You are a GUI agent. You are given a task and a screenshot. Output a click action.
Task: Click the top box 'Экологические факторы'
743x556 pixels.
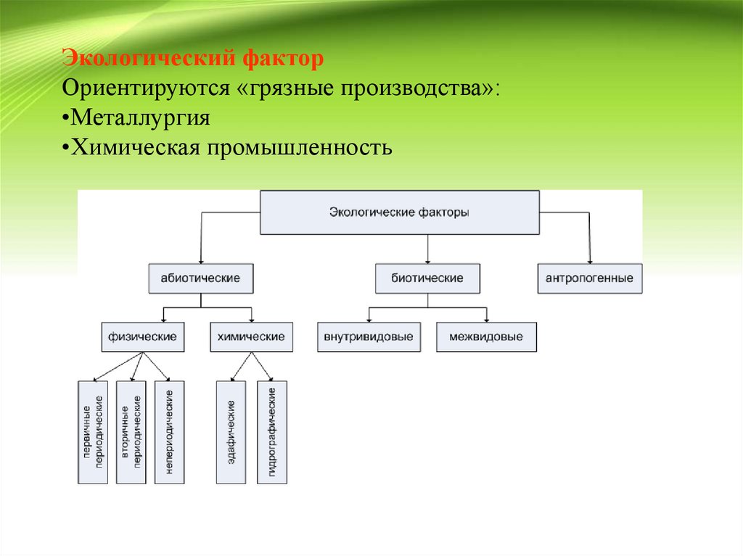(x=399, y=212)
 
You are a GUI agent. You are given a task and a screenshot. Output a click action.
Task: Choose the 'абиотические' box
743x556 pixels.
(x=200, y=278)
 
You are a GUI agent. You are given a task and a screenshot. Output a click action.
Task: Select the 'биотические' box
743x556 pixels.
(x=427, y=278)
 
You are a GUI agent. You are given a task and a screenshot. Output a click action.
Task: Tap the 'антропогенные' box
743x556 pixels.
(x=589, y=278)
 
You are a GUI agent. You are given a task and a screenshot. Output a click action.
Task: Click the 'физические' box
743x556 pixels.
(x=142, y=337)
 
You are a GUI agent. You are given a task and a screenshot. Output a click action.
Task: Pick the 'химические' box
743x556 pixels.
(x=251, y=337)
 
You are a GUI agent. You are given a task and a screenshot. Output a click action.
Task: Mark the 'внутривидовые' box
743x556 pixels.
(x=369, y=337)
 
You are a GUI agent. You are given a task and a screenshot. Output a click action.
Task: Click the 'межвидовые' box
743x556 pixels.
(x=486, y=337)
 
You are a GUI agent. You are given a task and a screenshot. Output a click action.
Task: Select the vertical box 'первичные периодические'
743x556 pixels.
(x=93, y=432)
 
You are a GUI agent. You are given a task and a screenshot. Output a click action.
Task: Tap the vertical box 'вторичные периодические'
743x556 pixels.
(x=131, y=432)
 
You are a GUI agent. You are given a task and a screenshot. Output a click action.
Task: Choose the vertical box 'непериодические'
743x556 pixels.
(x=169, y=432)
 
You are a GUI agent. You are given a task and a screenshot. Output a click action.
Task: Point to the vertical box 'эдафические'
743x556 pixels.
(x=231, y=432)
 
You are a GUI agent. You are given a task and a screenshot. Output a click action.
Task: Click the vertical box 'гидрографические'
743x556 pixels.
(x=271, y=432)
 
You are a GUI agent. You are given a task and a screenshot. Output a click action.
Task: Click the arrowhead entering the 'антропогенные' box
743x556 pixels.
(x=589, y=260)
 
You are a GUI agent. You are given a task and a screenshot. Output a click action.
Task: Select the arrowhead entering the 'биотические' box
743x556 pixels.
(x=427, y=260)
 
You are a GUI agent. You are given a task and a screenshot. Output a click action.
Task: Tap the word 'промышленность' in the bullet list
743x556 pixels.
(x=302, y=148)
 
